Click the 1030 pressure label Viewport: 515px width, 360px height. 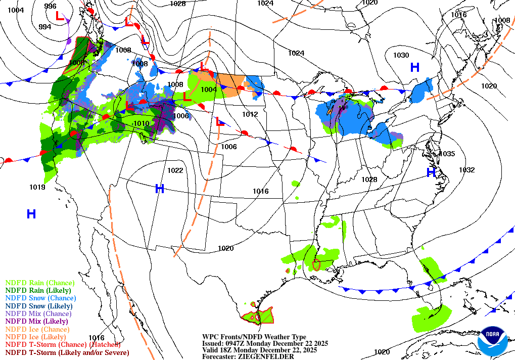point(401,55)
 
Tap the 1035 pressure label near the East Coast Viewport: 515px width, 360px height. point(448,154)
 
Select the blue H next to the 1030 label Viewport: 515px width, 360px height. point(415,67)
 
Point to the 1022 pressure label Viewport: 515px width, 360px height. point(175,170)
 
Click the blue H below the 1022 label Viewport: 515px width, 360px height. point(160,189)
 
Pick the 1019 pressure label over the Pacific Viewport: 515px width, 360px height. point(37,187)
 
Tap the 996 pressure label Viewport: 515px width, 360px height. point(50,6)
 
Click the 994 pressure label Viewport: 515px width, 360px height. point(45,27)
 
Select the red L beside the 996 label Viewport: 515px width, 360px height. point(60,16)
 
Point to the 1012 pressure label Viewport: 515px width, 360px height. point(250,114)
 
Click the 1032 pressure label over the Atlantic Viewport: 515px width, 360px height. point(466,170)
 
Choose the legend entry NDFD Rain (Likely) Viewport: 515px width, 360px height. point(38,290)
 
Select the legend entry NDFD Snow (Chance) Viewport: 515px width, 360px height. point(40,298)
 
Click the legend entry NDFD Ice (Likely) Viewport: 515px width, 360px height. point(35,337)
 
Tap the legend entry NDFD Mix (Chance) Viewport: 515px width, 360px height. point(38,313)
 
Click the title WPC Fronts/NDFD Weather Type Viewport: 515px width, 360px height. point(254,337)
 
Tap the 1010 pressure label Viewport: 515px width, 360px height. point(141,123)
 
